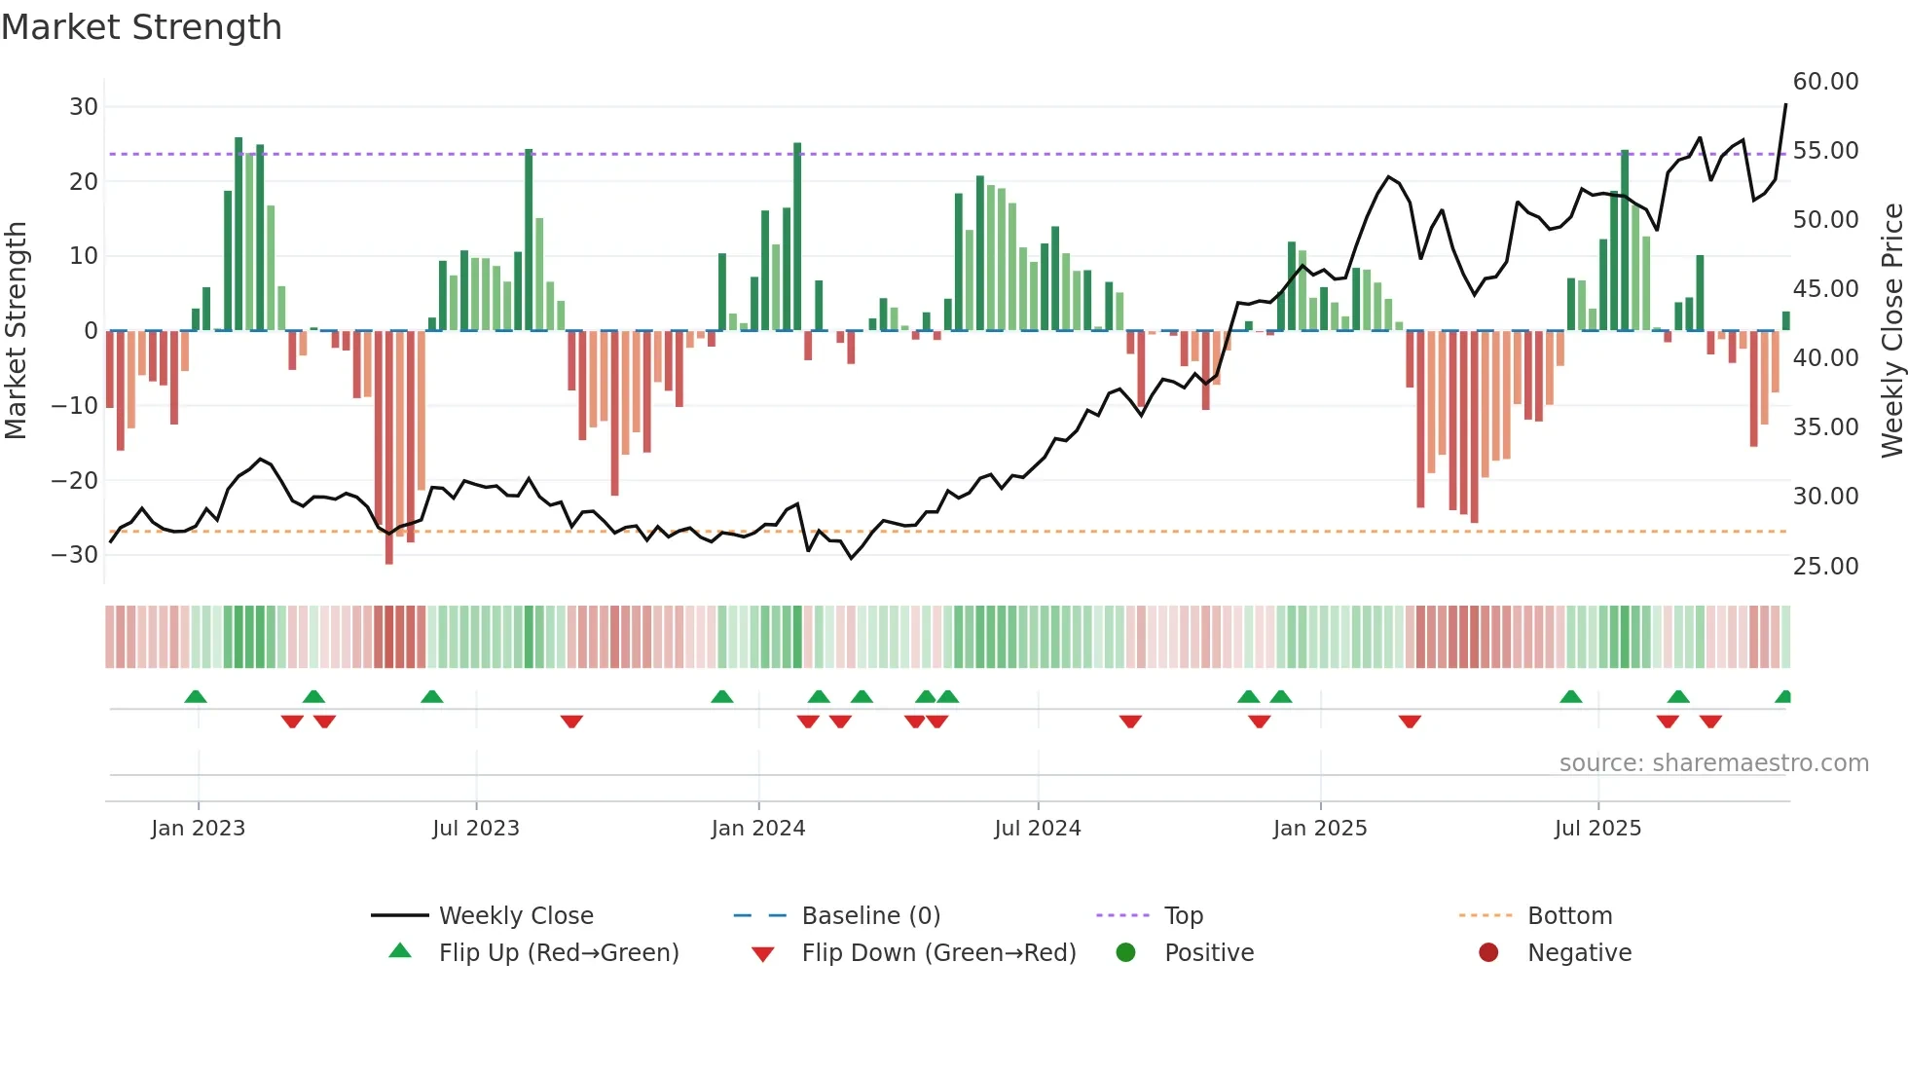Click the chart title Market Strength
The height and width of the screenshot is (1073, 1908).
point(141,27)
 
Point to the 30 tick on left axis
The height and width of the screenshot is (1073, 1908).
point(84,107)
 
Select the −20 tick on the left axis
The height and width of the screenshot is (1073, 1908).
point(75,480)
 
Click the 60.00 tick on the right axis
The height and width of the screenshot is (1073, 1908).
point(1825,82)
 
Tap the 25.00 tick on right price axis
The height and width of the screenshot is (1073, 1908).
point(1825,567)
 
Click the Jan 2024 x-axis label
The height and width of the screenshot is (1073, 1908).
point(758,829)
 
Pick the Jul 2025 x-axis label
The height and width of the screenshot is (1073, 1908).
point(1597,829)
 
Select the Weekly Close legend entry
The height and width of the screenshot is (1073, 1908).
point(515,916)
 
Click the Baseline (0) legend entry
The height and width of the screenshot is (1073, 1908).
point(870,916)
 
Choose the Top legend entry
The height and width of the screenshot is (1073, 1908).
point(1183,916)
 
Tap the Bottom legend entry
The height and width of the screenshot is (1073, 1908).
point(1569,916)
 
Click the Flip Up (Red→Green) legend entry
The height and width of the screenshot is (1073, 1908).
point(558,953)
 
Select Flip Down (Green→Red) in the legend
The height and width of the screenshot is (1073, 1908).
point(938,953)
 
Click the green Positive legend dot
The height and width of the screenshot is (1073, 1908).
point(1126,953)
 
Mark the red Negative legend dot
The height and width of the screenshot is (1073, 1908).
point(1488,953)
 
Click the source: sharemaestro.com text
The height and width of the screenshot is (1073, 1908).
point(1713,763)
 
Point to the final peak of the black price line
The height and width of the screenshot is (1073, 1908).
point(1785,104)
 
